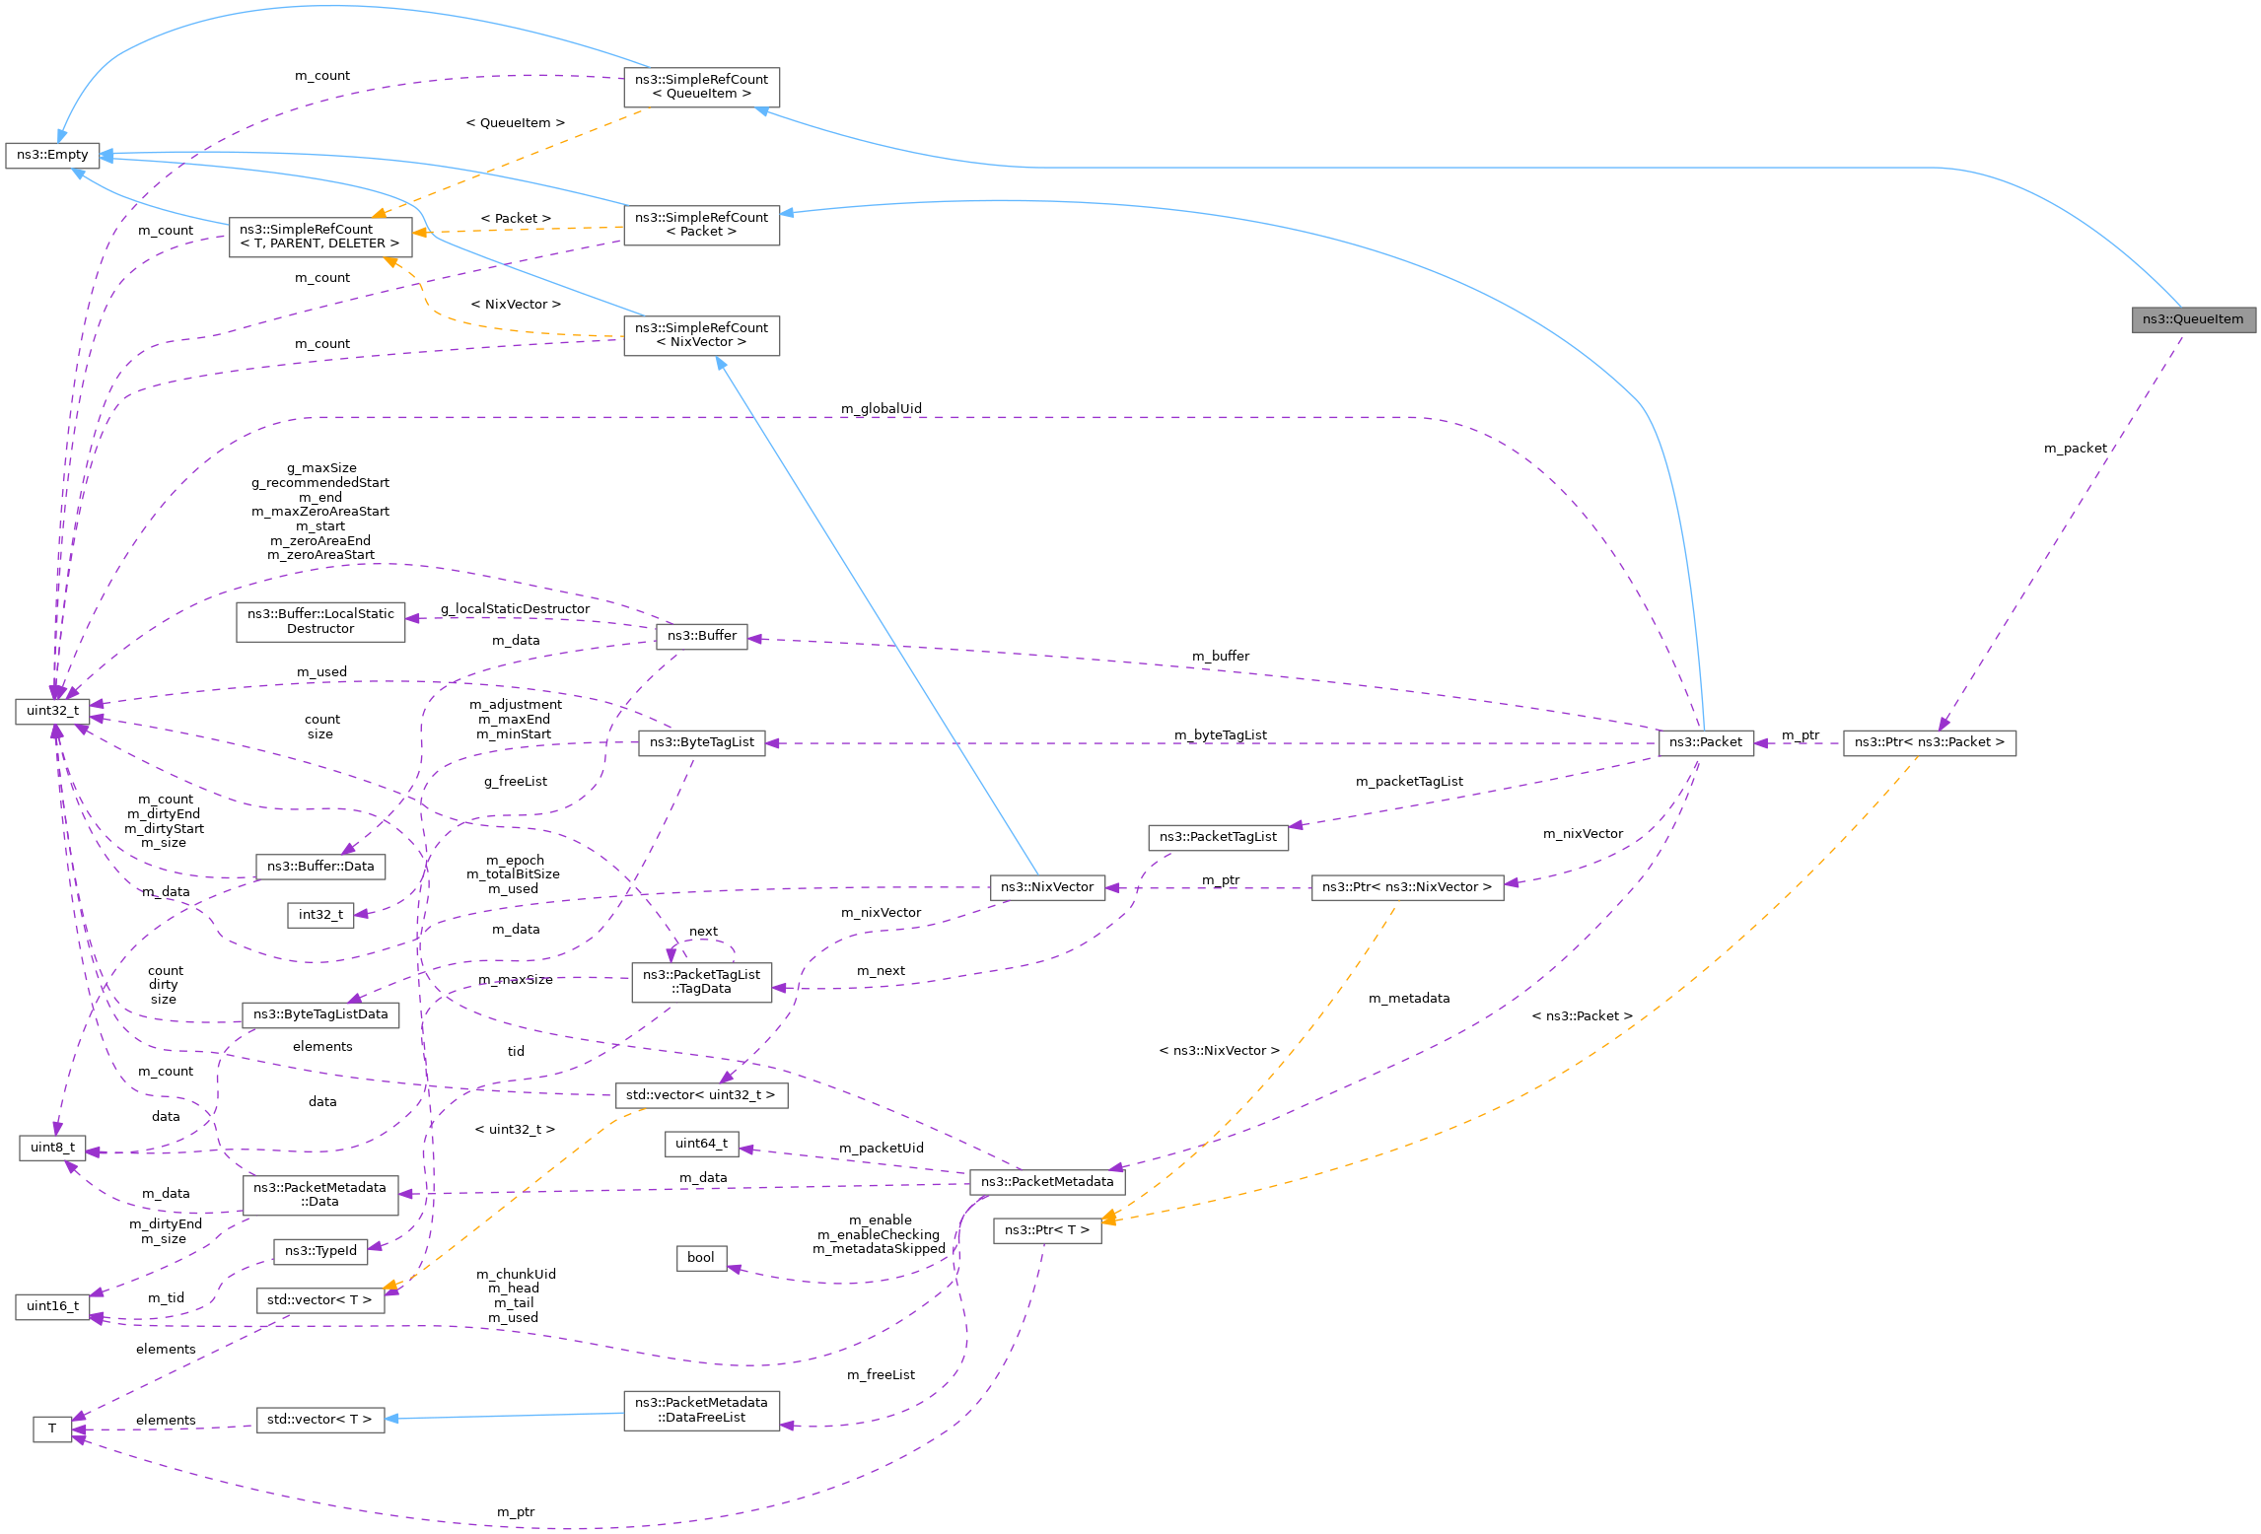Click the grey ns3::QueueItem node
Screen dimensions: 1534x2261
point(2192,319)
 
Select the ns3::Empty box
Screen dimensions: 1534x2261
point(52,155)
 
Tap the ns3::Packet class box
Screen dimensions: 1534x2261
point(1705,742)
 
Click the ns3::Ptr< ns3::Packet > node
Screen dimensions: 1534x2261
point(1929,742)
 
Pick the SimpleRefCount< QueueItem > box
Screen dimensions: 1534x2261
point(701,87)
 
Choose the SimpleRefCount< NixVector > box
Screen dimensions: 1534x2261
point(701,335)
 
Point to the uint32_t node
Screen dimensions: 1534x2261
point(52,711)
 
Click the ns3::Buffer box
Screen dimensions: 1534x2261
point(701,636)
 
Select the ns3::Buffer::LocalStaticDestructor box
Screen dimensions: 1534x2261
point(320,621)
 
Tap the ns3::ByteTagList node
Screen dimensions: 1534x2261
point(701,742)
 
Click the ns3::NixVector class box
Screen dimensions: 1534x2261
point(1046,887)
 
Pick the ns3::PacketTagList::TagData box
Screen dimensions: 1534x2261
point(701,982)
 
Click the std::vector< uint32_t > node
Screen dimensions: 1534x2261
point(701,1095)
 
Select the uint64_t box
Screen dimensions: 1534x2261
point(701,1144)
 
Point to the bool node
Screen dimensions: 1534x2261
point(701,1258)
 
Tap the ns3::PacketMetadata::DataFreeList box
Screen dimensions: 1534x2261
point(701,1410)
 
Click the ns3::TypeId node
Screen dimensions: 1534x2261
point(320,1251)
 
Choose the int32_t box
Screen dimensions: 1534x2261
point(320,915)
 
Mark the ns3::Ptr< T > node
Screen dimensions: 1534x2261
point(1046,1230)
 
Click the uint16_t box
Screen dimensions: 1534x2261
point(52,1306)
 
